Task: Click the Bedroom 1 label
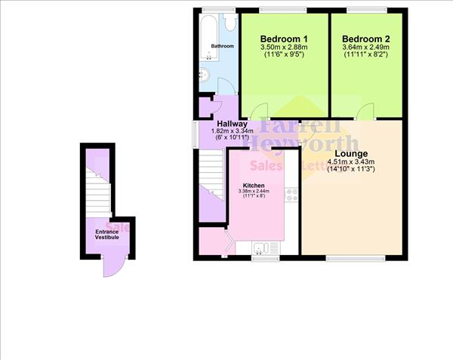point(284,38)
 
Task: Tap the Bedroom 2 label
point(365,38)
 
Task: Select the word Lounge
point(351,153)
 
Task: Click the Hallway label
point(231,124)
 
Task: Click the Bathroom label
point(222,47)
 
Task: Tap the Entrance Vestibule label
point(106,234)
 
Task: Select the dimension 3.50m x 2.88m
point(284,47)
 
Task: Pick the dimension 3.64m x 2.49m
point(365,47)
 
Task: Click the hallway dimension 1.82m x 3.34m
point(230,132)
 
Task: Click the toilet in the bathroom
point(203,74)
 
